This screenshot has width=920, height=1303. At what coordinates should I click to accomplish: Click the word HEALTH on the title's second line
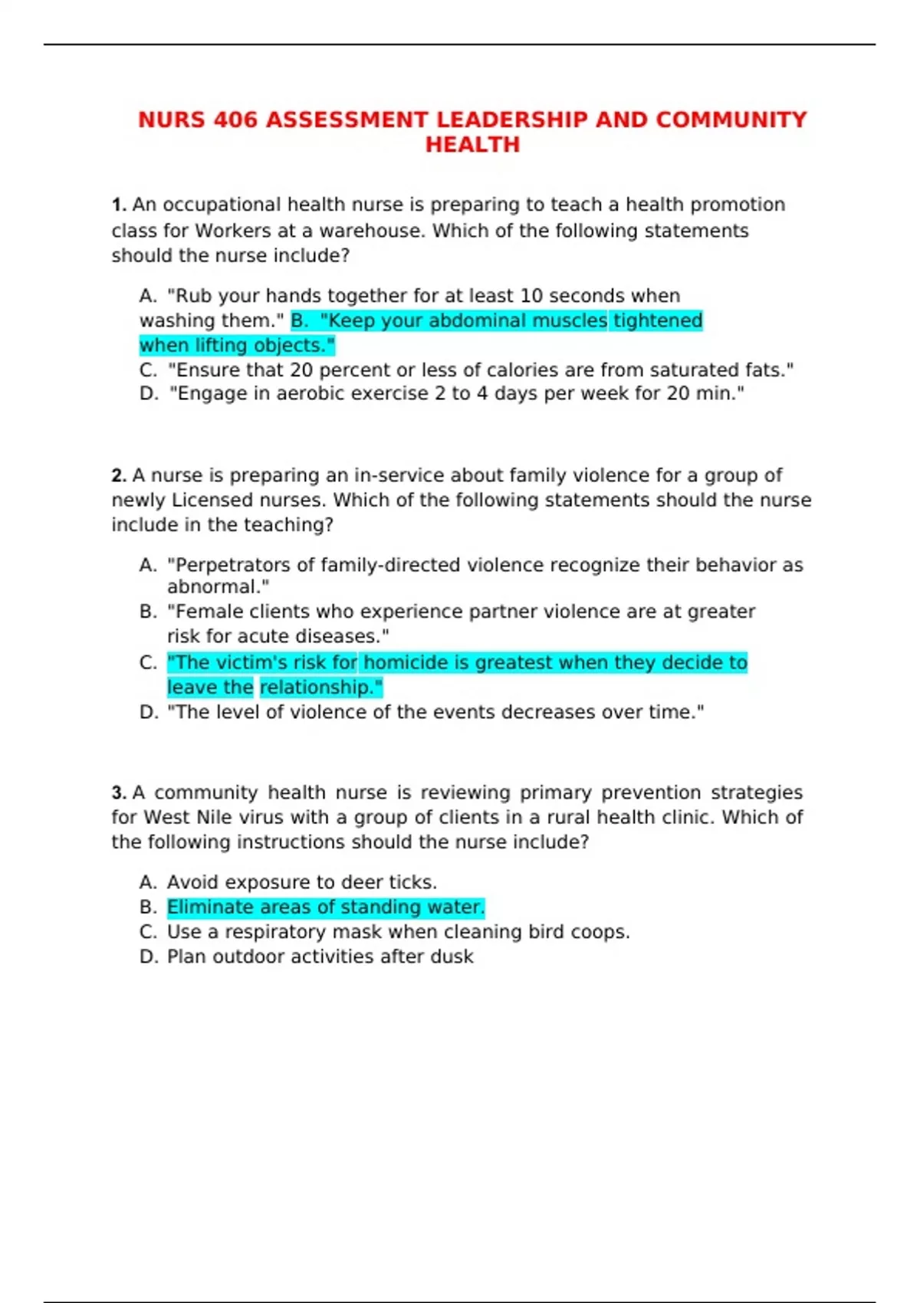tap(472, 145)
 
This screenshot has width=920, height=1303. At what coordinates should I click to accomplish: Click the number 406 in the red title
tap(235, 120)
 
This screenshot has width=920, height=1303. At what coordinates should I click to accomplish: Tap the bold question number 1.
tap(118, 205)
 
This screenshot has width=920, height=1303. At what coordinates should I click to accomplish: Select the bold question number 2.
tap(118, 476)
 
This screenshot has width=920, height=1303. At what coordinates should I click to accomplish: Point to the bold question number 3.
tap(118, 793)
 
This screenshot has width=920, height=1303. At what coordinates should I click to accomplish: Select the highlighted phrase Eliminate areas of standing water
tap(326, 908)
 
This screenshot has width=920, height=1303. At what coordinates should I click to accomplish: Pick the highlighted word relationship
tap(320, 688)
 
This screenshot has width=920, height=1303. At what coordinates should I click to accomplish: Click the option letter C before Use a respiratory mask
tap(147, 932)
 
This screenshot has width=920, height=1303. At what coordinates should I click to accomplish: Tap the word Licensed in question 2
tap(211, 501)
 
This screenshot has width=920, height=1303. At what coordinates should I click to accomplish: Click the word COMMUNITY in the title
tap(731, 120)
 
